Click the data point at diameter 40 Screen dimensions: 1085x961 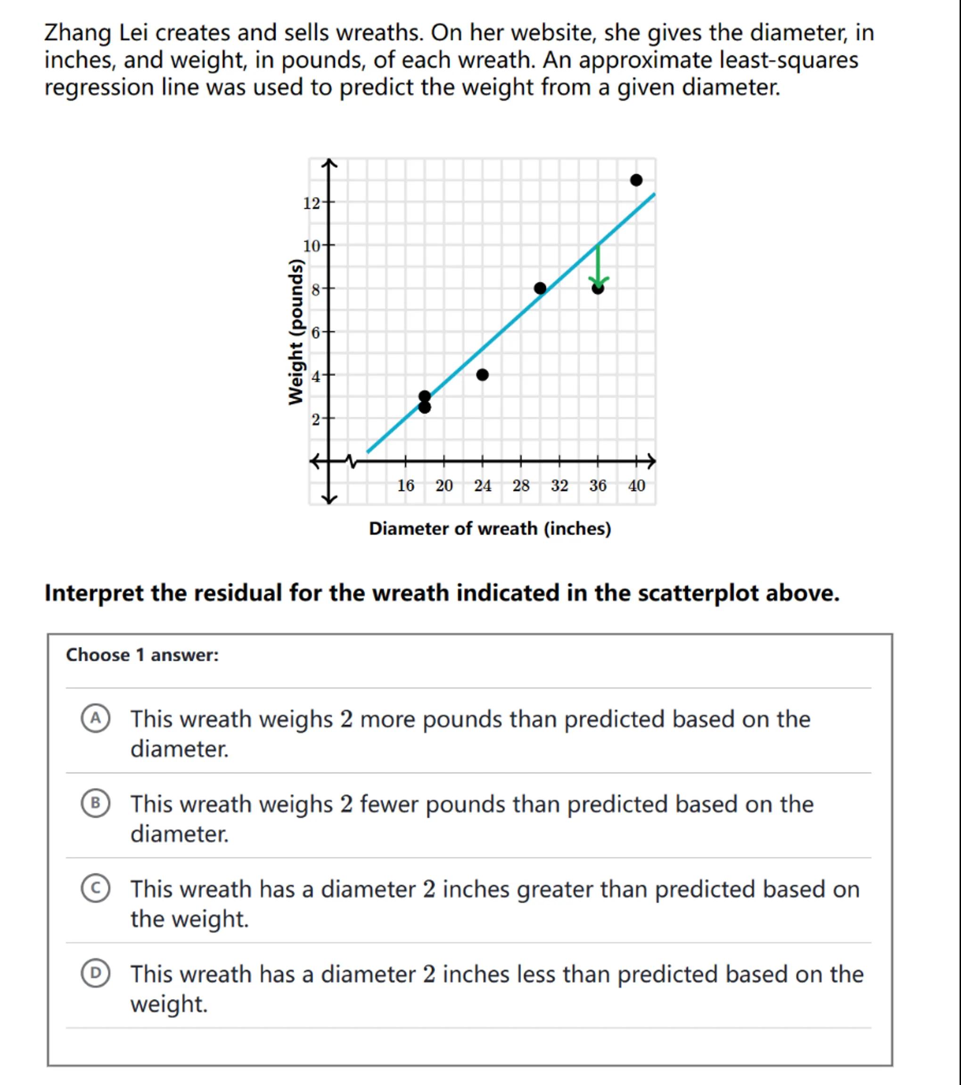pyautogui.click(x=636, y=180)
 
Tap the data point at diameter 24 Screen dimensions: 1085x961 pyautogui.click(x=482, y=375)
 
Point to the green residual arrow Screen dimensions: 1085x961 pyautogui.click(x=598, y=264)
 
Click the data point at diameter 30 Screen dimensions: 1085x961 pyautogui.click(x=540, y=288)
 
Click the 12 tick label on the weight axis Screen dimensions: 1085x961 pyautogui.click(x=311, y=203)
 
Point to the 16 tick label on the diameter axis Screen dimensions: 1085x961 pyautogui.click(x=405, y=485)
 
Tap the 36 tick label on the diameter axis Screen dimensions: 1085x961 pyautogui.click(x=598, y=485)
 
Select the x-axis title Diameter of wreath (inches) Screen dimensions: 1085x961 pyautogui.click(x=490, y=529)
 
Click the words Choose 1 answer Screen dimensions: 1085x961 pyautogui.click(x=142, y=655)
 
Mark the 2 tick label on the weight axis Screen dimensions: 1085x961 pyautogui.click(x=315, y=419)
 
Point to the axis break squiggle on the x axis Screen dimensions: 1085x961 pyautogui.click(x=350, y=461)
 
